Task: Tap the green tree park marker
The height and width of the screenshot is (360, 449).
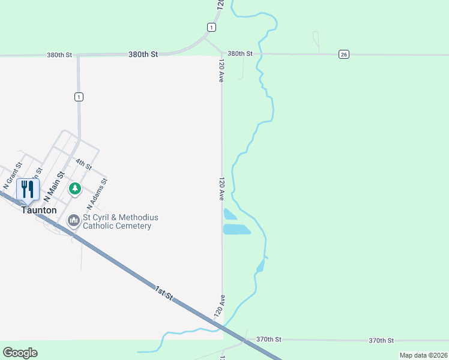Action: point(74,189)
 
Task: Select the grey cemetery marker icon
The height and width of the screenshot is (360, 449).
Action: point(74,221)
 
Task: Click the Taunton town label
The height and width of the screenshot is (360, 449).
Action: point(39,211)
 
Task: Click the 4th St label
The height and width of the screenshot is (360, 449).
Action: point(83,163)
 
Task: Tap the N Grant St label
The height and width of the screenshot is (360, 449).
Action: point(12,173)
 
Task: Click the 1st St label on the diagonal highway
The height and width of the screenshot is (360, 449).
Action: point(163,293)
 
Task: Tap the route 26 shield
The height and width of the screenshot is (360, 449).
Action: point(343,54)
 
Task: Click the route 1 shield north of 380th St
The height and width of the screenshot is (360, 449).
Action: point(211,28)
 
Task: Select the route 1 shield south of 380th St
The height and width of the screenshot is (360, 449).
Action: point(79,97)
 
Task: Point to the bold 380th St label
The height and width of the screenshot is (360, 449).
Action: point(143,54)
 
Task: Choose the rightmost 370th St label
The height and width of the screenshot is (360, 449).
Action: point(381,340)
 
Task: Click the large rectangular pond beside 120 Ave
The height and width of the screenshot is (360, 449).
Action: point(237,229)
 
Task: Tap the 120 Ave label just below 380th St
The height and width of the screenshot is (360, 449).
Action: point(221,70)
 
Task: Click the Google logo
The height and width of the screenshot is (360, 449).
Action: point(20,353)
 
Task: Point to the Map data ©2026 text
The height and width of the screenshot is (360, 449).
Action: point(423,355)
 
